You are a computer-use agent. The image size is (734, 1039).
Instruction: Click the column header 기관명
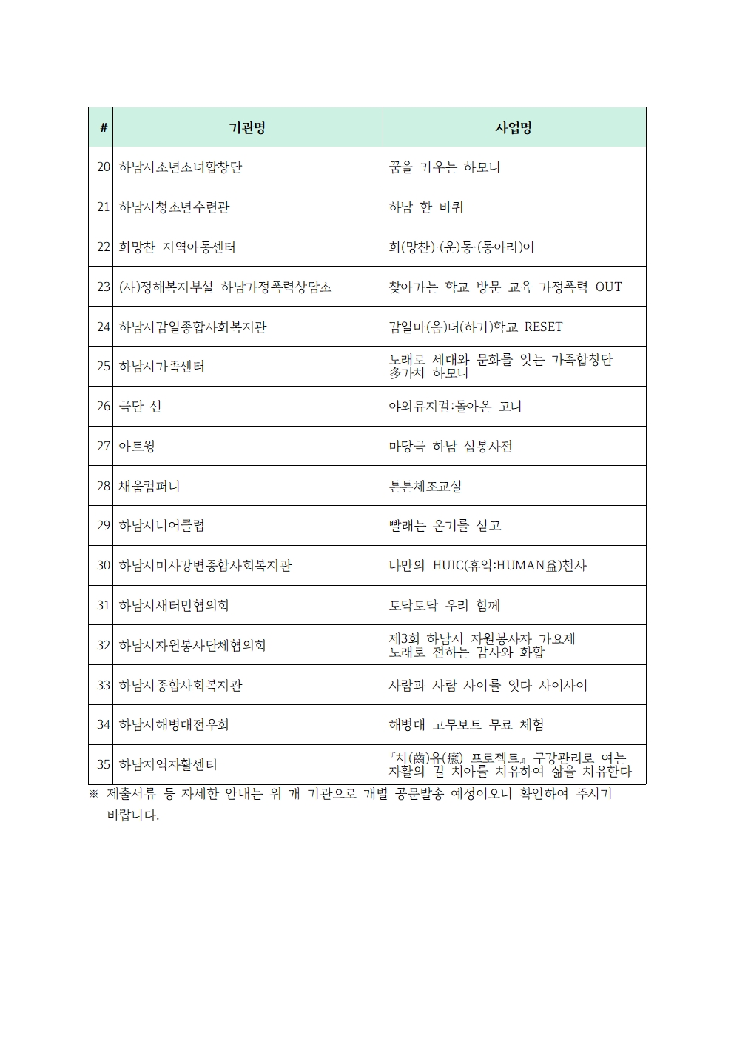(x=247, y=127)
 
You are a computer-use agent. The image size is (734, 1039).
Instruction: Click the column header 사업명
(x=514, y=127)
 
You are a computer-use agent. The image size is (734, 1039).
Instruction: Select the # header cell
(x=103, y=127)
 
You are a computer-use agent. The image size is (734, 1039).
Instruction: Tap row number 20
(x=104, y=167)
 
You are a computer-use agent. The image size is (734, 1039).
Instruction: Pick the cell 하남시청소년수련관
(x=174, y=207)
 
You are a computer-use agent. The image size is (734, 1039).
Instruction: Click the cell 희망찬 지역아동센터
(x=177, y=247)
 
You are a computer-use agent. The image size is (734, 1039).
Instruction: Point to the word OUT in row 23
(x=608, y=287)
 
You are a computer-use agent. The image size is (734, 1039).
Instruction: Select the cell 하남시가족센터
(x=161, y=367)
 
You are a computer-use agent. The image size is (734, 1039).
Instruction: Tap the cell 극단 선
(x=140, y=407)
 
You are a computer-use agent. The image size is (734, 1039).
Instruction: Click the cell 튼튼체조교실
(x=425, y=487)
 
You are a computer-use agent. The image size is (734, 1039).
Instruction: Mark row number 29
(x=104, y=526)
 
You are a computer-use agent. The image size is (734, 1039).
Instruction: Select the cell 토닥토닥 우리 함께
(x=444, y=606)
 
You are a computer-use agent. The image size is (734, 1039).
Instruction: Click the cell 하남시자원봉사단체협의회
(x=192, y=646)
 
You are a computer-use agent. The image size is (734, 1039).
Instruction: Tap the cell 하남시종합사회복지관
(x=180, y=686)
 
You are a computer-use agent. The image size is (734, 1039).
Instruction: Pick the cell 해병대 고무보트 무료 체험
(x=466, y=725)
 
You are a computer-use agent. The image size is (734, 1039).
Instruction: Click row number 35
(x=104, y=765)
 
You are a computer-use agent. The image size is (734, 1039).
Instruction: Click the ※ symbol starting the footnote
(x=93, y=795)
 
